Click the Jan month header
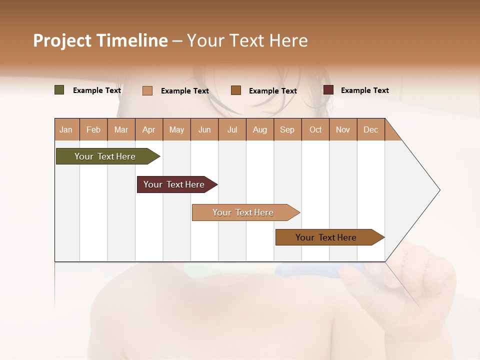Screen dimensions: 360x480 tap(66, 129)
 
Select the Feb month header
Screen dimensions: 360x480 tap(93, 129)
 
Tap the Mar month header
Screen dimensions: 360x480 tap(121, 129)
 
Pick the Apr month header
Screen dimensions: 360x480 tap(149, 129)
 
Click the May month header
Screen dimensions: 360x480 tap(176, 129)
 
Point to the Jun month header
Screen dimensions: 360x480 tap(204, 129)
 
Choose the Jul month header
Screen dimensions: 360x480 tap(232, 129)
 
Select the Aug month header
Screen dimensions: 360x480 tap(260, 129)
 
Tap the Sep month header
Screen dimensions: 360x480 tap(287, 129)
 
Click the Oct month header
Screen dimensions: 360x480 tap(315, 129)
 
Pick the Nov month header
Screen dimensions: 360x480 tap(343, 129)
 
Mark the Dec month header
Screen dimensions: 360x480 tap(371, 129)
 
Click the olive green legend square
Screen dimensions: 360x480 tap(59, 90)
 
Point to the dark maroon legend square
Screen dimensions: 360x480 tap(328, 90)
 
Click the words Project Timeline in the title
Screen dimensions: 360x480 tap(100, 40)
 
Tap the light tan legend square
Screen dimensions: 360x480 tap(147, 90)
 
